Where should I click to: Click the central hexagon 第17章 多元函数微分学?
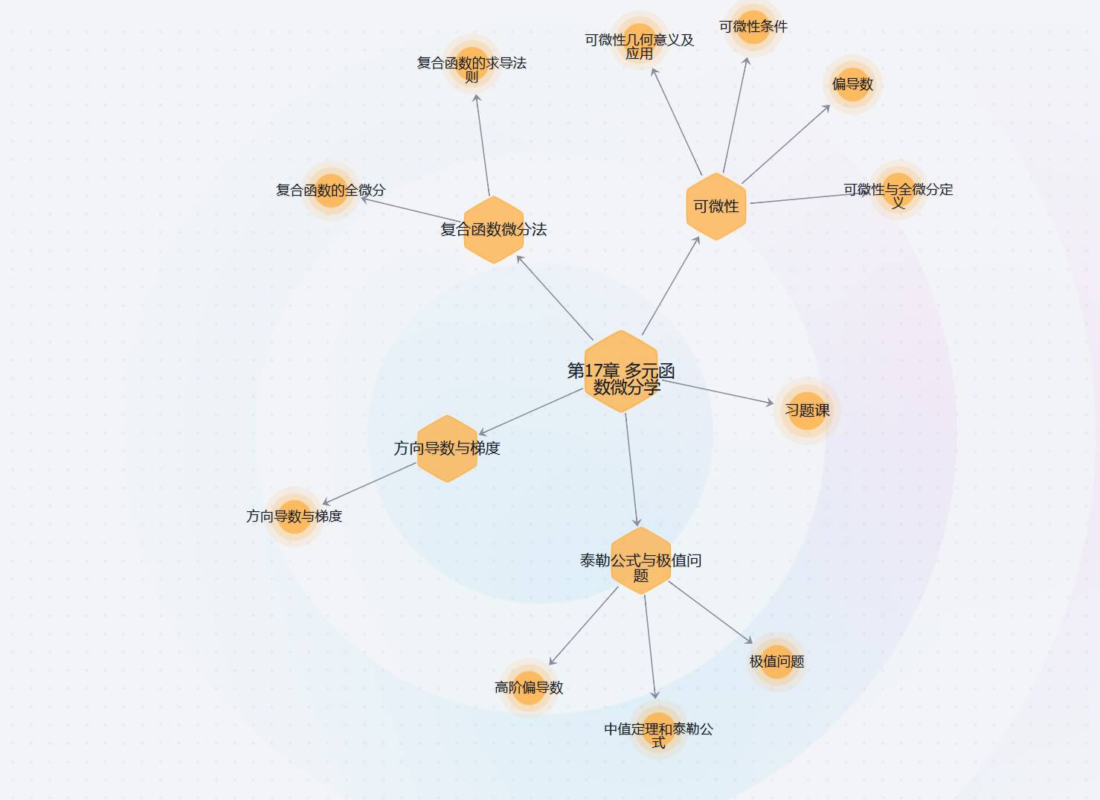point(622,371)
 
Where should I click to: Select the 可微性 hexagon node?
point(715,207)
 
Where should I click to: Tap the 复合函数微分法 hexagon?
point(494,230)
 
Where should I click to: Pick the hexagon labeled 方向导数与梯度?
point(447,449)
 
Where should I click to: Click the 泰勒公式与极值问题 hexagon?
point(640,561)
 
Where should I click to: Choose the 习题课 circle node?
point(807,410)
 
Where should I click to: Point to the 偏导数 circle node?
point(852,84)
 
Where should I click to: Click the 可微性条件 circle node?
point(753,28)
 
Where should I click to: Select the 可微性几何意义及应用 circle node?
point(640,41)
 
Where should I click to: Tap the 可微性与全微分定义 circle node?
point(898,190)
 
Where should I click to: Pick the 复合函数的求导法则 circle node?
point(472,64)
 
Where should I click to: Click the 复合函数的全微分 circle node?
point(331,191)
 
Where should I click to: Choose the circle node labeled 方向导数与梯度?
point(295,516)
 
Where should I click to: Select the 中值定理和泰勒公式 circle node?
point(658,731)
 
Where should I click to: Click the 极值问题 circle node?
point(776,661)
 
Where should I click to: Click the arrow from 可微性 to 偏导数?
point(785,144)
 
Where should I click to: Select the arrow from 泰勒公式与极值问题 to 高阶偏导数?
point(584,626)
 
